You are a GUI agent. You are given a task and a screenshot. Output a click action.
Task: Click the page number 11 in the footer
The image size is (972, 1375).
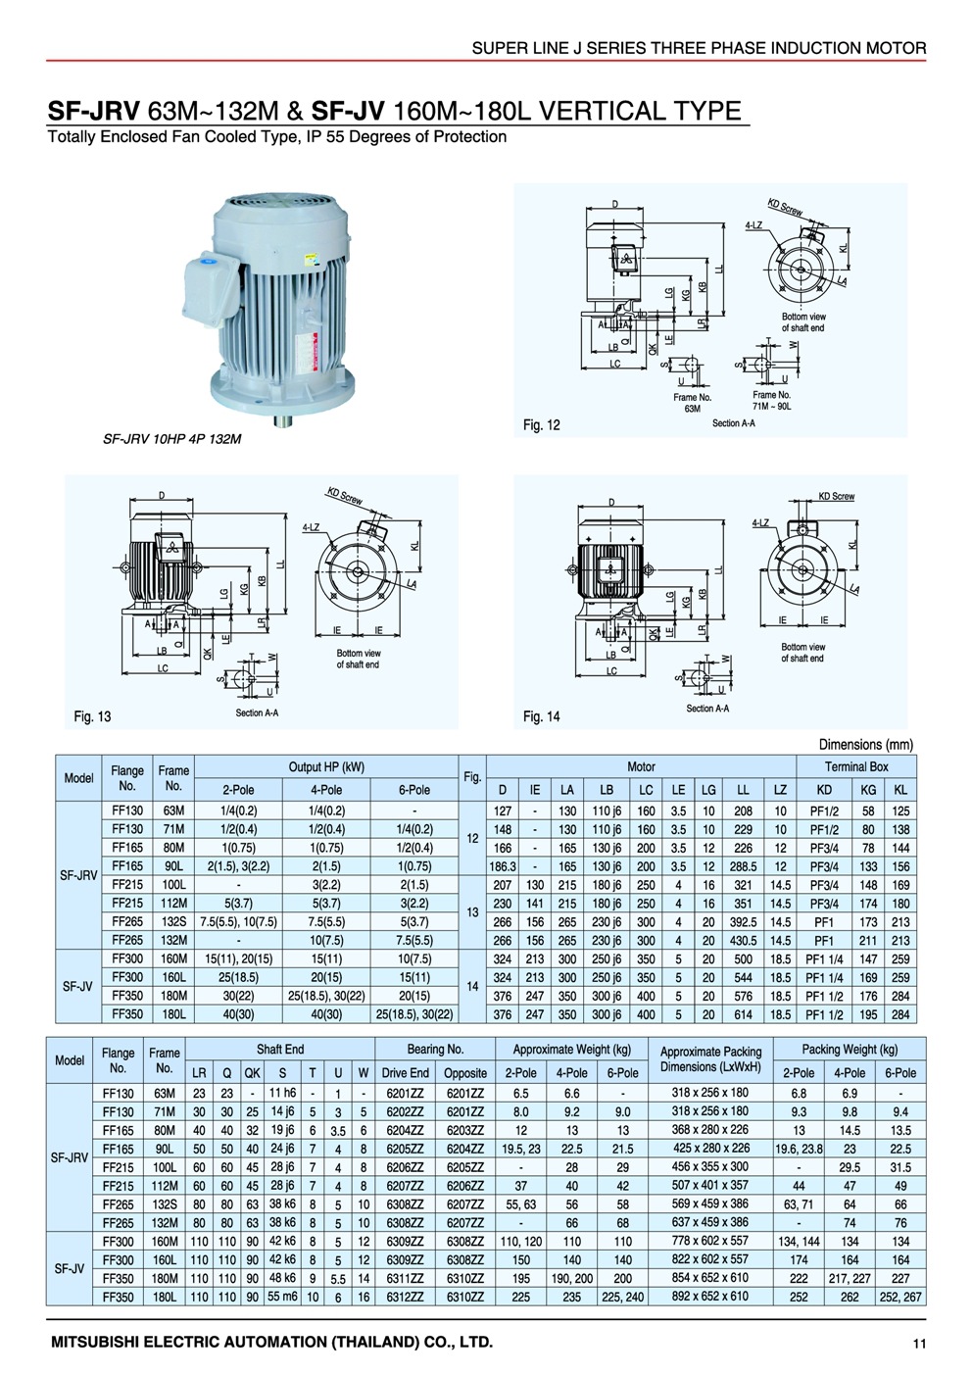tap(918, 1344)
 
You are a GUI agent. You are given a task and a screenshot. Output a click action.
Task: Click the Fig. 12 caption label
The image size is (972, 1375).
tap(542, 424)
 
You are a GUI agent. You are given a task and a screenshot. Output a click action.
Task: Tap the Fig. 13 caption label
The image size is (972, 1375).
tap(92, 716)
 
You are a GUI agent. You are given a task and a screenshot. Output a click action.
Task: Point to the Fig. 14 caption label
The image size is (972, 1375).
tap(542, 716)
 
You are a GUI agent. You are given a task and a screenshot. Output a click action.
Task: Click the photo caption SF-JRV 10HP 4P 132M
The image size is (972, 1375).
tap(172, 439)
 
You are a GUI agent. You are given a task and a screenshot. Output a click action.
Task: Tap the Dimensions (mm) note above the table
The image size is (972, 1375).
tap(866, 744)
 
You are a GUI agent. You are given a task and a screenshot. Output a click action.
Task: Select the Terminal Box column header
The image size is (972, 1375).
tap(855, 766)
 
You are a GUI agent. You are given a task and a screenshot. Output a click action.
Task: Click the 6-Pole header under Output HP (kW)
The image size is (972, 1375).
tap(414, 789)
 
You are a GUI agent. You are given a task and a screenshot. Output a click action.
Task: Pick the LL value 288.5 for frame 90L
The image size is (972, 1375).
tap(743, 866)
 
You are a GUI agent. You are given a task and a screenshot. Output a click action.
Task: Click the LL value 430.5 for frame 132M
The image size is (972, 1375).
tap(743, 940)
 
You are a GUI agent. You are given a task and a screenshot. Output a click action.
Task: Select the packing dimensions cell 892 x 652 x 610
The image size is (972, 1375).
tap(709, 1296)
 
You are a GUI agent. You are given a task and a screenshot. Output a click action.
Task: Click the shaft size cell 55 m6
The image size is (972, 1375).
tap(282, 1296)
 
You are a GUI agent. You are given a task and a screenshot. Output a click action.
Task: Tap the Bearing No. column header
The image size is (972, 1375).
tap(435, 1049)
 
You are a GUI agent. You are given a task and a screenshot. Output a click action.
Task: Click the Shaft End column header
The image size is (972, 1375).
tap(280, 1049)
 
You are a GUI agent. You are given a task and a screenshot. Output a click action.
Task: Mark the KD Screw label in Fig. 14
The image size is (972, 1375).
tap(836, 497)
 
